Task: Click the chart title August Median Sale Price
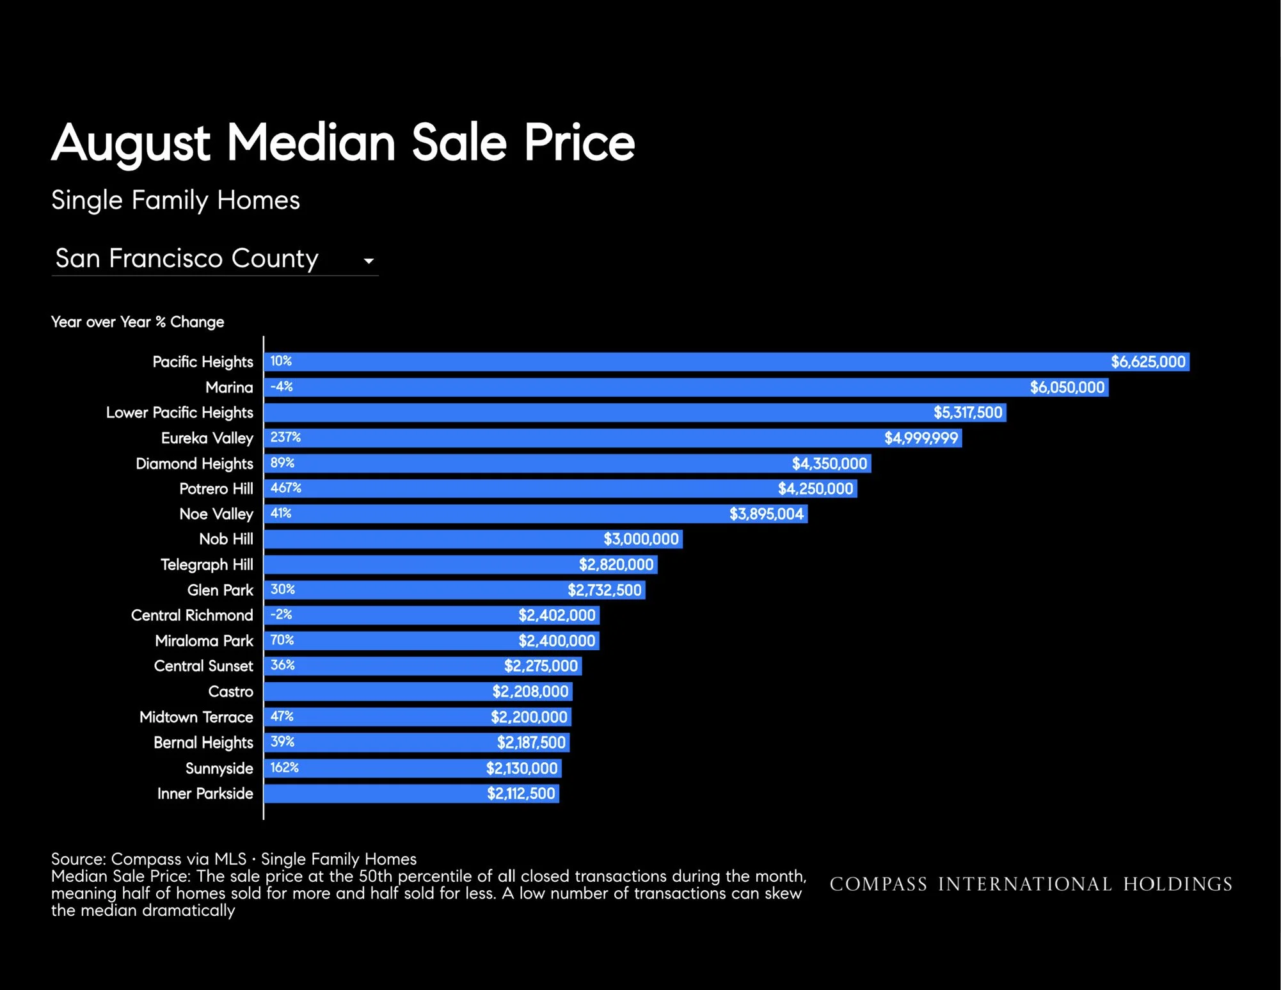point(343,143)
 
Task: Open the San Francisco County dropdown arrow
point(369,261)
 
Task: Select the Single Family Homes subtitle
point(175,200)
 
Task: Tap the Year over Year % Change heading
point(138,322)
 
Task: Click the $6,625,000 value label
point(1148,362)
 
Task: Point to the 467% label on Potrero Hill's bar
point(285,488)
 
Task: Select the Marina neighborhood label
point(229,387)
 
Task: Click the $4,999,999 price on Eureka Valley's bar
point(921,438)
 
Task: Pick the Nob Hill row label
point(226,539)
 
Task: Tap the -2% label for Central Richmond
point(281,614)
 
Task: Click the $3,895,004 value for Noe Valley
point(767,514)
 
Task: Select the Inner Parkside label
point(205,794)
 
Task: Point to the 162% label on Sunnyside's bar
point(284,767)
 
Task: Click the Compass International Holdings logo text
point(1031,884)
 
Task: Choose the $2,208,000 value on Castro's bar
point(530,691)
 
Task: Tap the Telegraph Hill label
point(207,564)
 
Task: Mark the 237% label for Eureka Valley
point(285,437)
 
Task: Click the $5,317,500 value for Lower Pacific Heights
point(967,412)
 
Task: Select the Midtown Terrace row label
point(196,717)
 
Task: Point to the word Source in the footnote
point(79,859)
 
